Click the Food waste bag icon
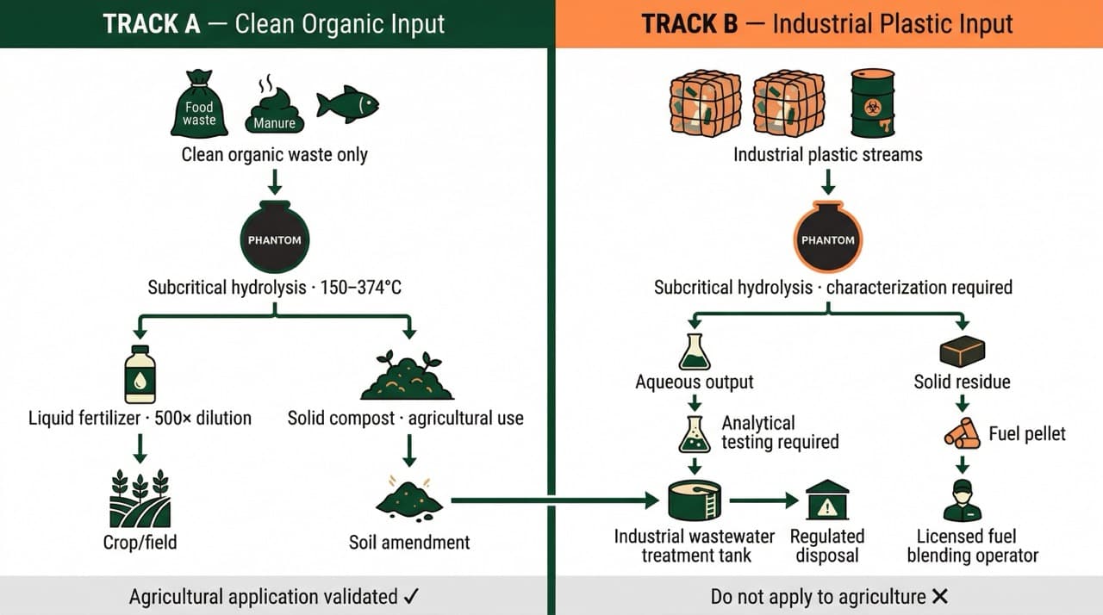(x=199, y=104)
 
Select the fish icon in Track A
(x=347, y=104)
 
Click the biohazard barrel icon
(x=872, y=104)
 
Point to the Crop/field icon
(x=140, y=500)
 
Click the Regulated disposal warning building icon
(x=827, y=500)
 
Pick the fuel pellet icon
(x=963, y=432)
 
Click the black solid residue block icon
(x=962, y=351)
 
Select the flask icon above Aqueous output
(x=694, y=351)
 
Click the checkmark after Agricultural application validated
(x=411, y=596)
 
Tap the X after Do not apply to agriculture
(x=940, y=596)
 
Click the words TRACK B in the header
(x=690, y=23)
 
